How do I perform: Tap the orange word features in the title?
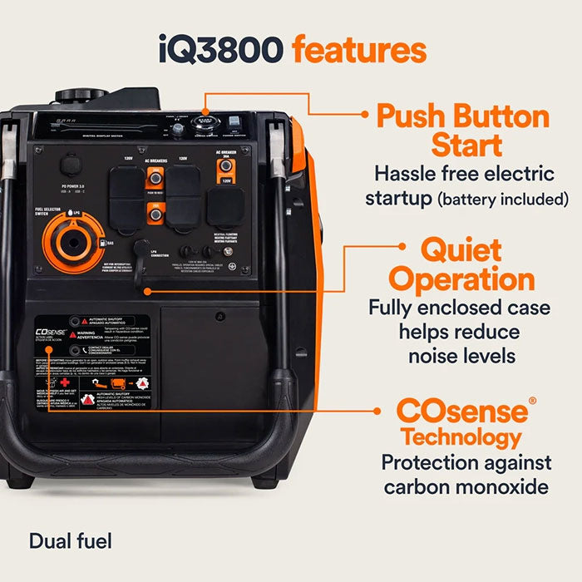click(359, 49)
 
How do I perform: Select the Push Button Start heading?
click(463, 131)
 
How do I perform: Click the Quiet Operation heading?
click(461, 264)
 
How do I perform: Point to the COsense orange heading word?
click(461, 411)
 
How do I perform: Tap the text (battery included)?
click(505, 200)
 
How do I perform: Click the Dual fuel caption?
click(70, 541)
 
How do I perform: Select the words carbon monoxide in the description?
click(466, 486)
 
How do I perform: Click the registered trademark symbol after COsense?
click(533, 401)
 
